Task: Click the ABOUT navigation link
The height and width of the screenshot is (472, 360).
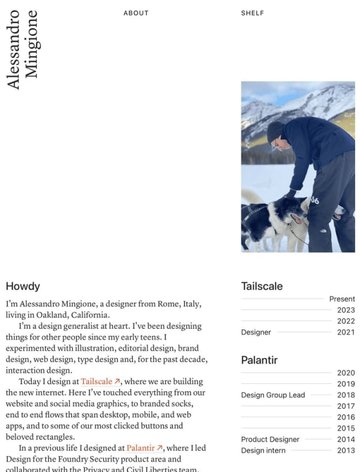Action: [x=136, y=13]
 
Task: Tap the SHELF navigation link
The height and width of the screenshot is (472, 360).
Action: [x=252, y=13]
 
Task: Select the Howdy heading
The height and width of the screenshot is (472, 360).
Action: [x=23, y=286]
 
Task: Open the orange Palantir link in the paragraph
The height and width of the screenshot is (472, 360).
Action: [x=145, y=449]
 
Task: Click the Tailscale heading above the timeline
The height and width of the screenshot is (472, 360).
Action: [x=262, y=286]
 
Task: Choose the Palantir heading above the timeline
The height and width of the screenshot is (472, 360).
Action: [x=259, y=359]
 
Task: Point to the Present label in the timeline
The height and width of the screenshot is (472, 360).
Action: [x=342, y=299]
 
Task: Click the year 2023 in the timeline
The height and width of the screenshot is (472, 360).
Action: [x=346, y=310]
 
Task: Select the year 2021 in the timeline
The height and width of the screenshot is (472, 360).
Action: [x=346, y=332]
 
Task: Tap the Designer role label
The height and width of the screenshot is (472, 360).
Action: [x=256, y=332]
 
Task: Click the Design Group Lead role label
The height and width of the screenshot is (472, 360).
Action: [x=273, y=395]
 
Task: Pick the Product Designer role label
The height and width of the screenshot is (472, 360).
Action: [x=270, y=439]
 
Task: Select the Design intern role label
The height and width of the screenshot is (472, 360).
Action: [x=264, y=450]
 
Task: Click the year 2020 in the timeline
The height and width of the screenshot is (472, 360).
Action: [x=346, y=373]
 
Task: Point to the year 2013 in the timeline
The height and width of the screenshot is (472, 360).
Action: [x=346, y=450]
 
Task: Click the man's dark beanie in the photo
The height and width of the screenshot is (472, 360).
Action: [x=275, y=129]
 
